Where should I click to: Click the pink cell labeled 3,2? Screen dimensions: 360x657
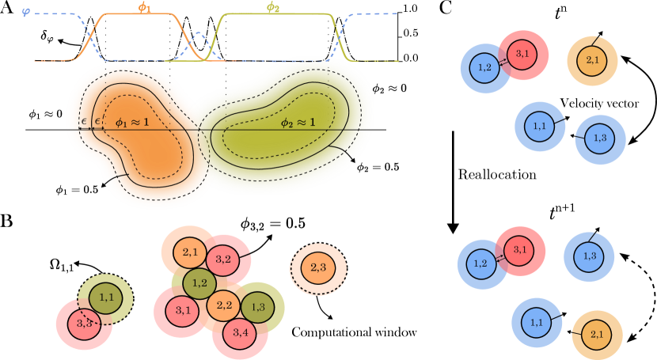coord(223,260)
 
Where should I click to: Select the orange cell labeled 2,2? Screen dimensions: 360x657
coord(224,305)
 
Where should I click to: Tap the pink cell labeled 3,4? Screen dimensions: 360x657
coord(241,332)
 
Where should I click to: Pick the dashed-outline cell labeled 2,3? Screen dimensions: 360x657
coord(318,268)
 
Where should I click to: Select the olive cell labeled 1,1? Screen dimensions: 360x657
coord(105,297)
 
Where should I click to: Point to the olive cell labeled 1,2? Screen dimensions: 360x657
coord(199,282)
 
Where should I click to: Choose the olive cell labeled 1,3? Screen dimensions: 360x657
coord(258,306)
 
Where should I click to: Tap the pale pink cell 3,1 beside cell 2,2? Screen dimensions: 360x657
coord(182,310)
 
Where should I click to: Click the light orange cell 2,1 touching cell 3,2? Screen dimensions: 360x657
coord(190,252)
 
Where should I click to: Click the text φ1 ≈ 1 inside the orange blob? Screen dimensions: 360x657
coord(132,123)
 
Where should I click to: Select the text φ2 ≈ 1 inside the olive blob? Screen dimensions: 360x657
coord(298,123)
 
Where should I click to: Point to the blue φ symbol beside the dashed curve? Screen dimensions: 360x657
coord(26,12)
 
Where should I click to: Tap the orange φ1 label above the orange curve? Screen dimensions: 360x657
coord(144,8)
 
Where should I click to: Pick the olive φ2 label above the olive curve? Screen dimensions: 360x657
coord(272,8)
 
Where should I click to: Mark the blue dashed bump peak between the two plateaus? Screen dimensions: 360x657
coord(199,35)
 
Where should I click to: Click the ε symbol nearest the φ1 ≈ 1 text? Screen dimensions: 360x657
coord(98,121)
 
